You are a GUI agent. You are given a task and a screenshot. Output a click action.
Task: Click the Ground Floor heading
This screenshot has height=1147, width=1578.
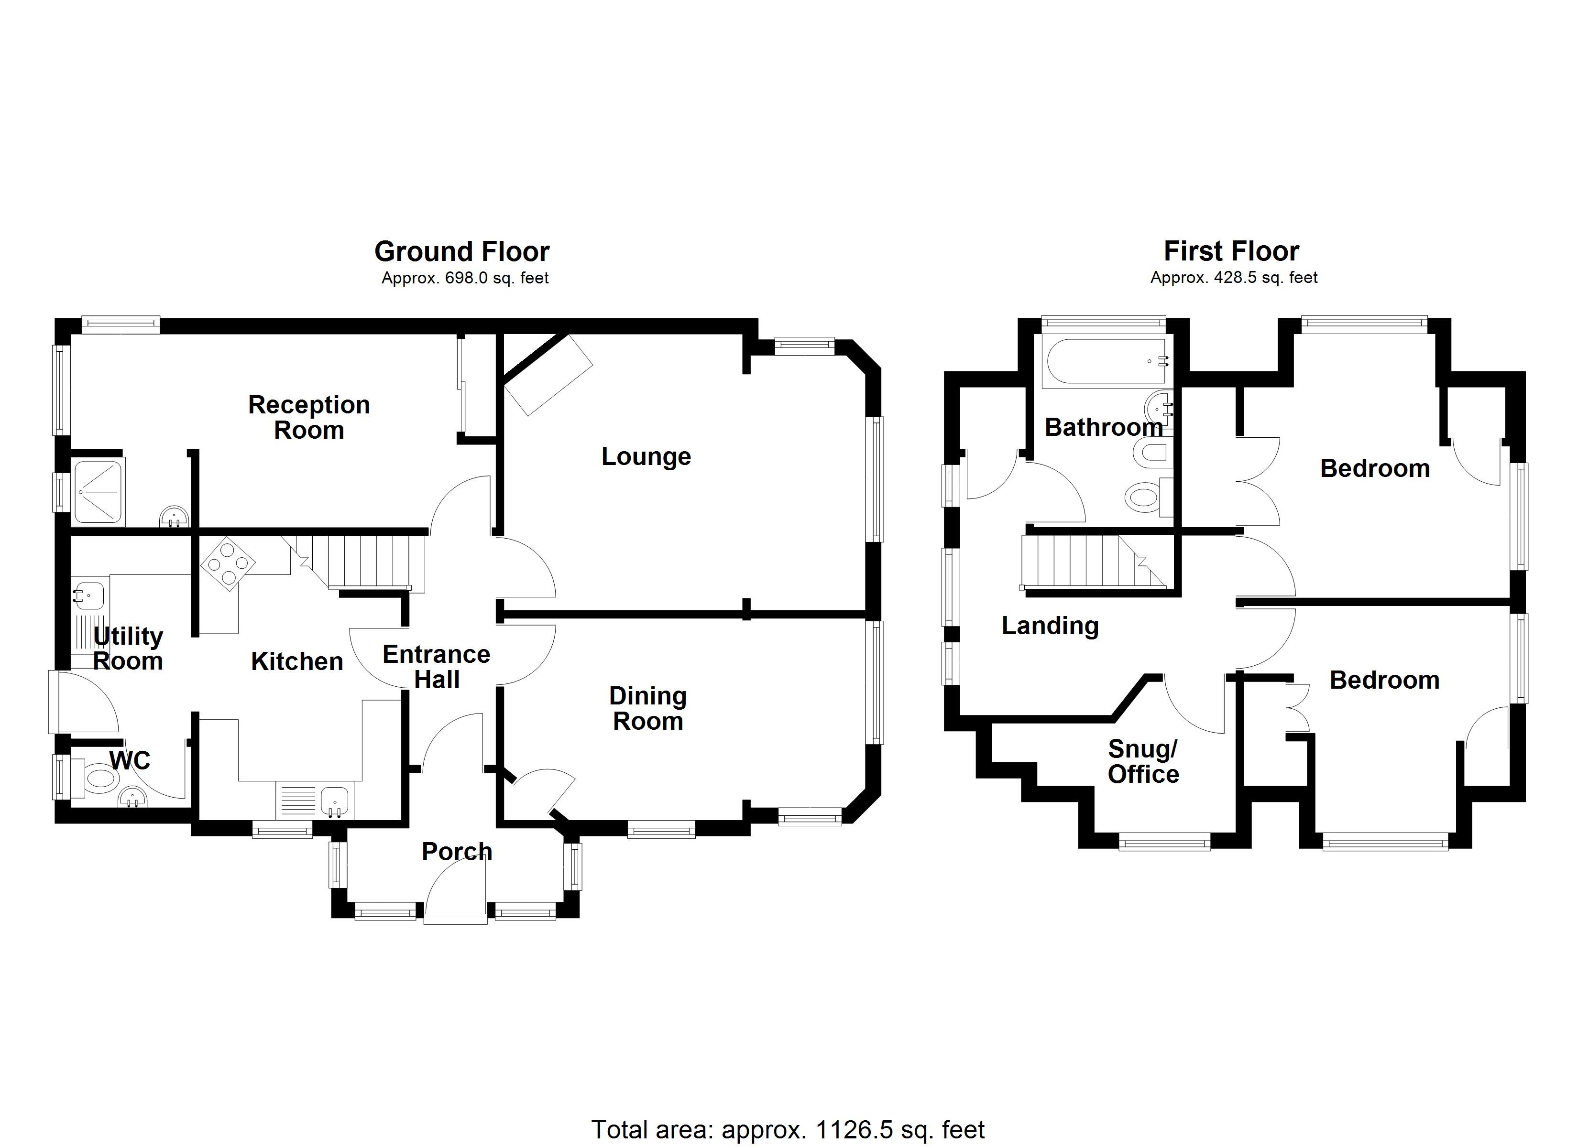pos(461,251)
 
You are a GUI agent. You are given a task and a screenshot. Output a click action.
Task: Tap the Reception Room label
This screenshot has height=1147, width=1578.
pos(308,417)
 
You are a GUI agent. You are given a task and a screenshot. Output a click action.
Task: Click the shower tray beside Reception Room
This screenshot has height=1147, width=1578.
pos(98,492)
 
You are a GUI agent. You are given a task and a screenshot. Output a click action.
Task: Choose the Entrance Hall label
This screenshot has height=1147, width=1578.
pos(436,666)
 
